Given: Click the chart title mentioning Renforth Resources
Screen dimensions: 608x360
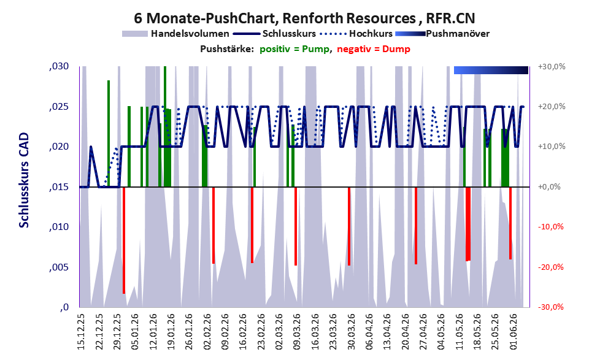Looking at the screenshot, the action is point(304,18).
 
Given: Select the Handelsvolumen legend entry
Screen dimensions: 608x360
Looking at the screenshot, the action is point(175,34).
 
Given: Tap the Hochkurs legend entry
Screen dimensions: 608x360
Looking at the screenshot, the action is point(356,34).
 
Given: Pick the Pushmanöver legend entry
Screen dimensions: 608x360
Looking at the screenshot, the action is point(442,34).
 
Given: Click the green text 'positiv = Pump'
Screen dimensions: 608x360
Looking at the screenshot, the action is point(294,49).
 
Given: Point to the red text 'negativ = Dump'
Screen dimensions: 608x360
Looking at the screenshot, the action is point(374,49).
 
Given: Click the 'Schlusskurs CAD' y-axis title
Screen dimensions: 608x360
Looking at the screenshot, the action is point(24,180).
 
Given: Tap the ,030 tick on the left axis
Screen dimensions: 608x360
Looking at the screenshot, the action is point(59,66).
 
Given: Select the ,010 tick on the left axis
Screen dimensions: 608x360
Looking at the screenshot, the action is point(59,227).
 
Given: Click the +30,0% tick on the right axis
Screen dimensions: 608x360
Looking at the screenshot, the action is point(552,67).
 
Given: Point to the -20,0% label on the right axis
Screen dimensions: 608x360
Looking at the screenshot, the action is point(551,267).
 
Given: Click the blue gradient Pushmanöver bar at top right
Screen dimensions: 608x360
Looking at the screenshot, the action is point(491,70).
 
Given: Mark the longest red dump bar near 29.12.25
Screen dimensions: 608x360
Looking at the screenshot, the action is point(124,240).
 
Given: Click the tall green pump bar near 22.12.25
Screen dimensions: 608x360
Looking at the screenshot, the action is point(109,134).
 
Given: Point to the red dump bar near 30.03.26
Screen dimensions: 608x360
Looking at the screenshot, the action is point(349,226).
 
